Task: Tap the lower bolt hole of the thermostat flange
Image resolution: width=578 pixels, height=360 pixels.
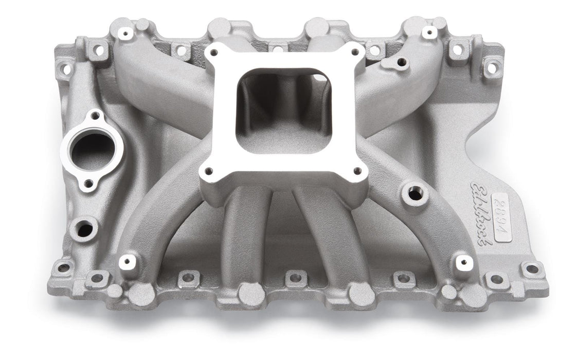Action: click(x=89, y=183)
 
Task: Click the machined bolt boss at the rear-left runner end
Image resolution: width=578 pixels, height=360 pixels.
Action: click(x=125, y=34)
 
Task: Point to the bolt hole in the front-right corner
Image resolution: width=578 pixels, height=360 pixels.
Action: click(x=531, y=268)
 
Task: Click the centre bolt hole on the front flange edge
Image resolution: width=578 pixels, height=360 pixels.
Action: click(x=295, y=278)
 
